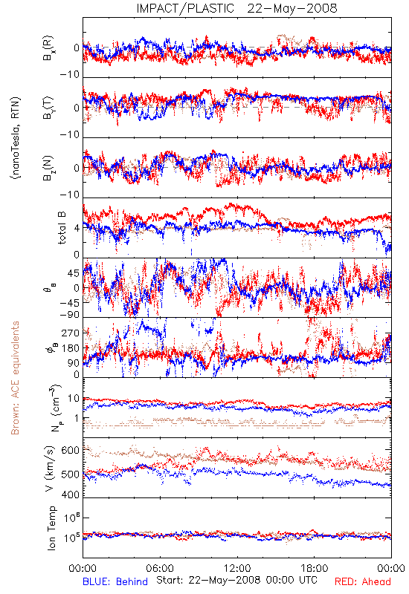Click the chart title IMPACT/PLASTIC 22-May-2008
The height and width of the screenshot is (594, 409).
tap(236, 8)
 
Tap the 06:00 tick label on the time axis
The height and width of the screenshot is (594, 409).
tap(160, 568)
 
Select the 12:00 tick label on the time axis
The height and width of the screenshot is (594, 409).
tap(237, 568)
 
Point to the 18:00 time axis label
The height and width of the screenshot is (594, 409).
tap(315, 568)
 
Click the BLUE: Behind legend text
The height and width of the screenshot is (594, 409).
tap(115, 581)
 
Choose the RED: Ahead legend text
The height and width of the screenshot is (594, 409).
tap(363, 581)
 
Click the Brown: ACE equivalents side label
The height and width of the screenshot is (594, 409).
tap(15, 378)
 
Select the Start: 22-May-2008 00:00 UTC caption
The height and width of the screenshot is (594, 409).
tap(236, 580)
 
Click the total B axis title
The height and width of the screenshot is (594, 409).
tap(62, 228)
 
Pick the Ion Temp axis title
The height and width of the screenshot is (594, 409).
tap(51, 528)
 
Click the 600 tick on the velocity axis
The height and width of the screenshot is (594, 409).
tap(71, 451)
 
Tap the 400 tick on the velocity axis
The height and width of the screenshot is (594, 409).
tap(71, 495)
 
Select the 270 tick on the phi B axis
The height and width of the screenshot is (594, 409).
tap(71, 333)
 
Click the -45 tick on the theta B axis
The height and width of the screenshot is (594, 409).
tap(68, 303)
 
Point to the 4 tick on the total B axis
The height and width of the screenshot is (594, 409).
tap(77, 229)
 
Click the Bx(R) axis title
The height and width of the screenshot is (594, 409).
tap(48, 48)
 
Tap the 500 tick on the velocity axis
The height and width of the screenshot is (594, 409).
tap(71, 474)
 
